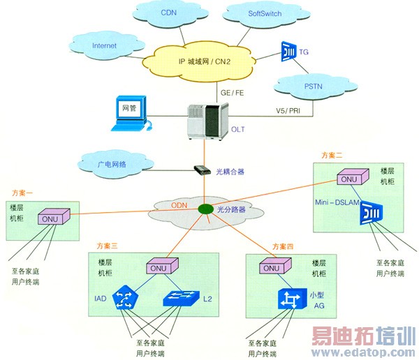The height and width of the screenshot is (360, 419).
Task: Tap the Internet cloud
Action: pyautogui.click(x=104, y=46)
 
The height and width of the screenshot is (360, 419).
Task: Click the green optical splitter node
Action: pyautogui.click(x=205, y=209)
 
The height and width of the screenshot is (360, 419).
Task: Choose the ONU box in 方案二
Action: pyautogui.click(x=348, y=179)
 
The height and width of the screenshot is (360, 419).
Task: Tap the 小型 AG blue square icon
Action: pyautogui.click(x=288, y=299)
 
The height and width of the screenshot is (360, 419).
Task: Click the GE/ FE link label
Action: pyautogui.click(x=232, y=91)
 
